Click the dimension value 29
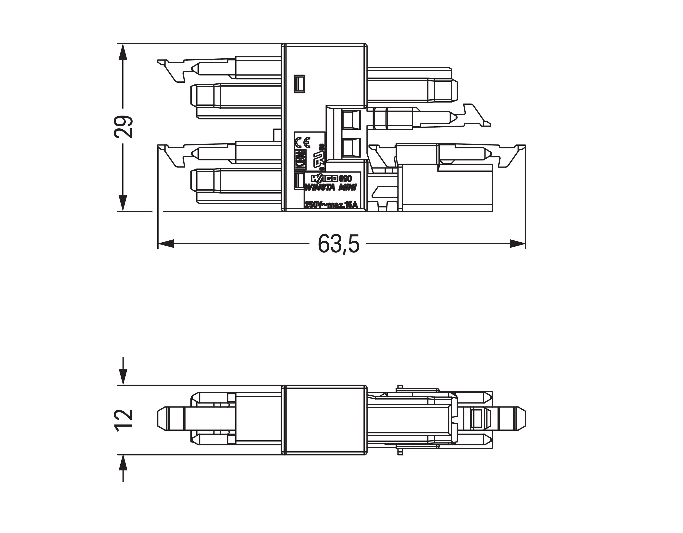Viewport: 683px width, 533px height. click(x=123, y=127)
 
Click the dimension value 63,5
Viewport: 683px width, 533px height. click(x=338, y=244)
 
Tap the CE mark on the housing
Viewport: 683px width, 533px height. click(x=302, y=143)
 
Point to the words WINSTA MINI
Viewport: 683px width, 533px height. click(x=331, y=187)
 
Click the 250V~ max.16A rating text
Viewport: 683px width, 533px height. click(x=331, y=205)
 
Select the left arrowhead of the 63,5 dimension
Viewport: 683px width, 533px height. click(x=166, y=244)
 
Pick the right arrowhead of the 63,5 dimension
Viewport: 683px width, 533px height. click(x=518, y=244)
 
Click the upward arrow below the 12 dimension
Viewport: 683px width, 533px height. click(x=123, y=463)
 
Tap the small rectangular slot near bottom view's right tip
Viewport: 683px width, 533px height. click(x=477, y=419)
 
